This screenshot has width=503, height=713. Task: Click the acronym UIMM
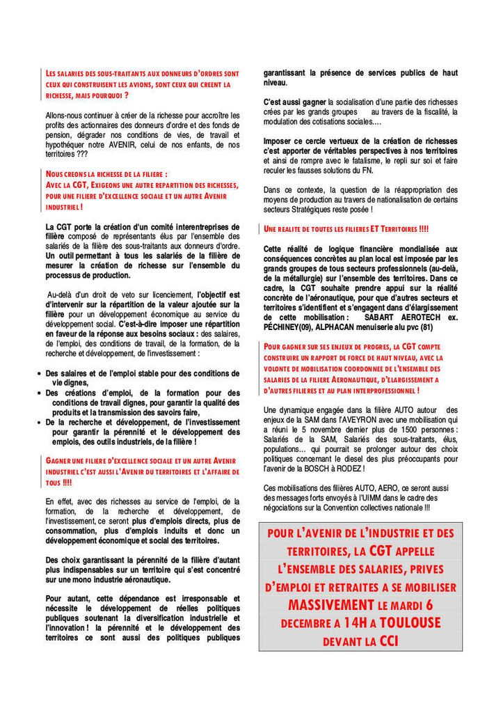(377, 498)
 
